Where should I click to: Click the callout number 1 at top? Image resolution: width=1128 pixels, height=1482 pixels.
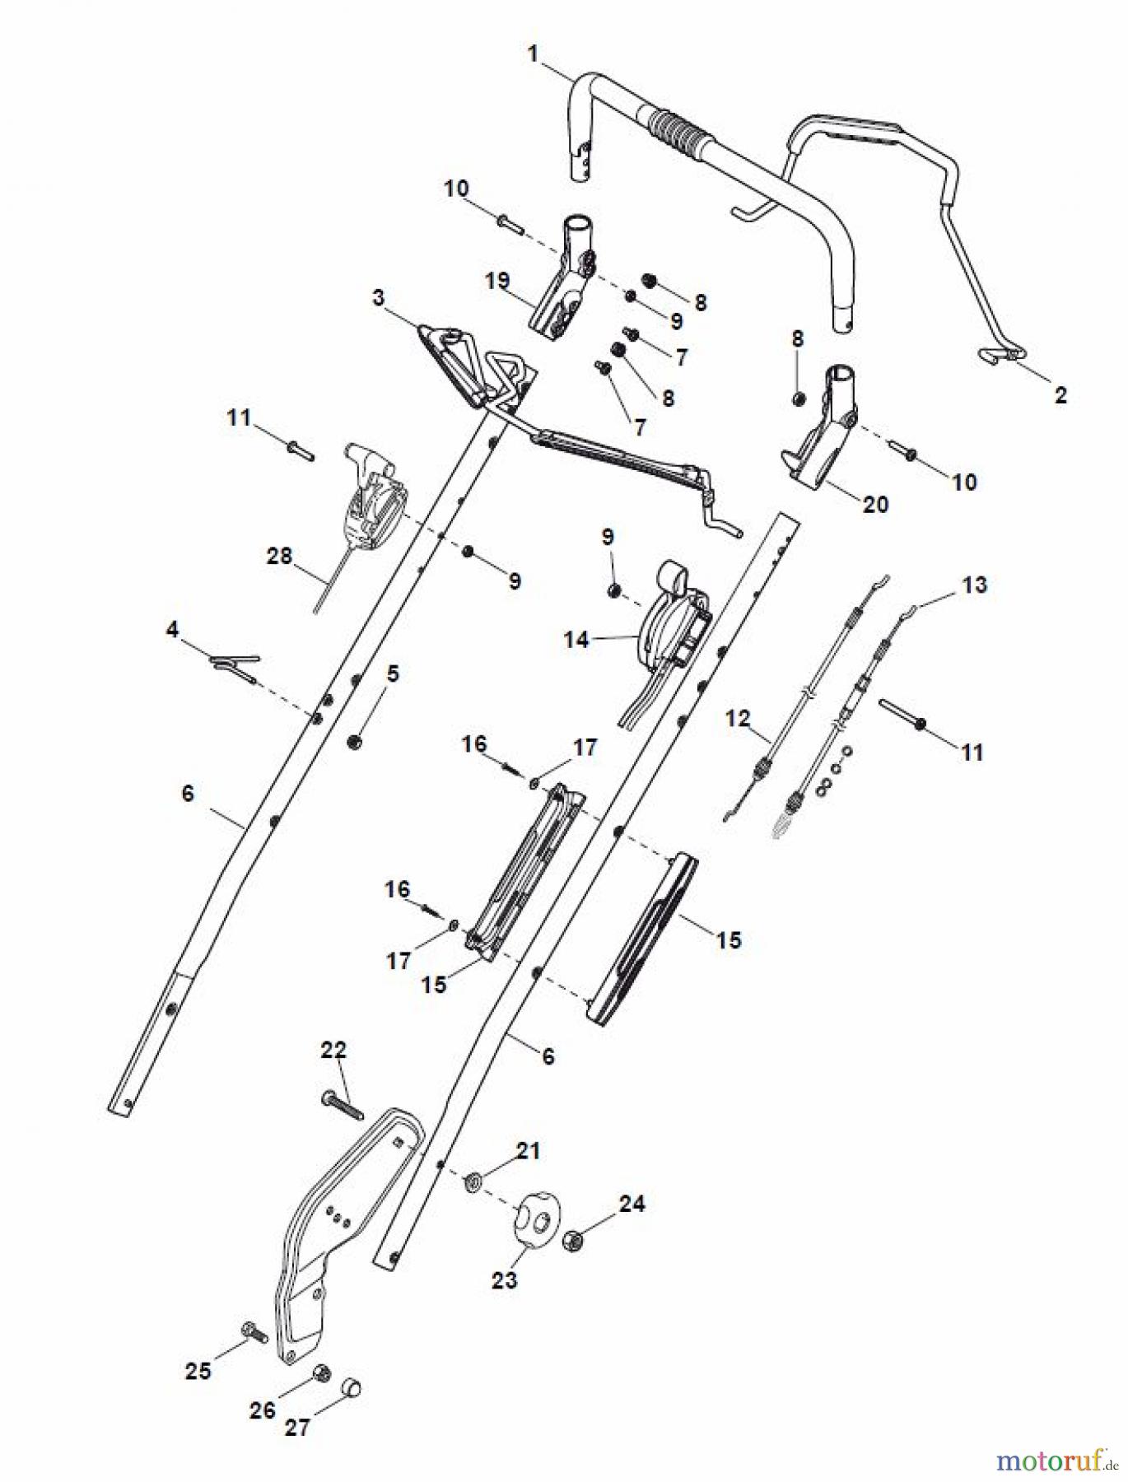pyautogui.click(x=533, y=54)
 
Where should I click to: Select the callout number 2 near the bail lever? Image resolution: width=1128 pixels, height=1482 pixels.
pyautogui.click(x=1060, y=394)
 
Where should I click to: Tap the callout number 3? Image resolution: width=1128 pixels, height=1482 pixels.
pyautogui.click(x=378, y=297)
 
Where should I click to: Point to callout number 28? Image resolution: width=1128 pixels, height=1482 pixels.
pyautogui.click(x=279, y=556)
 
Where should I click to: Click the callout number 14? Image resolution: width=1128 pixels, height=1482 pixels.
pyautogui.click(x=576, y=639)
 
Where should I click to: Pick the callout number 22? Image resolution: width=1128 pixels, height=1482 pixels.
pyautogui.click(x=333, y=1050)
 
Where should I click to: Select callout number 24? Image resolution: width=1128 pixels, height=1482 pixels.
pyautogui.click(x=632, y=1203)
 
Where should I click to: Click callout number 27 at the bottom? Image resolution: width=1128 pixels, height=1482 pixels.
pyautogui.click(x=296, y=1428)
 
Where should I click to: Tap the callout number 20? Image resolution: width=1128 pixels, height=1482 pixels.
pyautogui.click(x=875, y=504)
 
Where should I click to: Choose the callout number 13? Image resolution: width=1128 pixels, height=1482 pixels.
pyautogui.click(x=974, y=585)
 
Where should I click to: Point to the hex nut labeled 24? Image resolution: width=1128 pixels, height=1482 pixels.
pyautogui.click(x=574, y=1239)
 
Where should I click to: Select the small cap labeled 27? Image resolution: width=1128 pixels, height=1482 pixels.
pyautogui.click(x=352, y=1388)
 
